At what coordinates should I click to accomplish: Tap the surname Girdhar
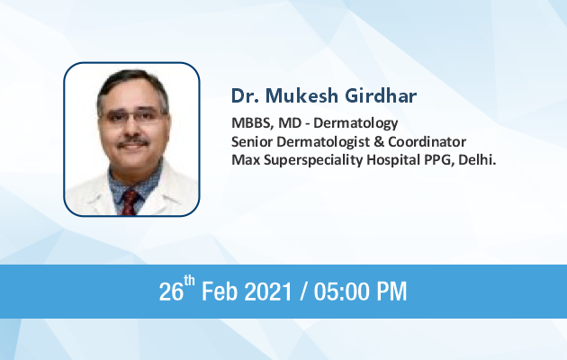coord(381,95)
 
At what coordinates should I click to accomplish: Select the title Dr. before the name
coord(245,95)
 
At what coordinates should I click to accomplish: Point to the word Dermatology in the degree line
coord(355,123)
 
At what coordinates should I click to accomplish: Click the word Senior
coord(252,141)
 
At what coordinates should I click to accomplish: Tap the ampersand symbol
coord(379,141)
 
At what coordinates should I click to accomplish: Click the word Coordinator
coord(427,141)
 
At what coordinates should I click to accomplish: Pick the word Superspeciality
coord(313,160)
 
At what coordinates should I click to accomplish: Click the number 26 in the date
coord(171,292)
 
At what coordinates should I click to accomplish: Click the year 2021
coord(268,292)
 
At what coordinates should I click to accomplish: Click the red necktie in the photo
coord(130,202)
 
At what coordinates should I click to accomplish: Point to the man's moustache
coord(132,141)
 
